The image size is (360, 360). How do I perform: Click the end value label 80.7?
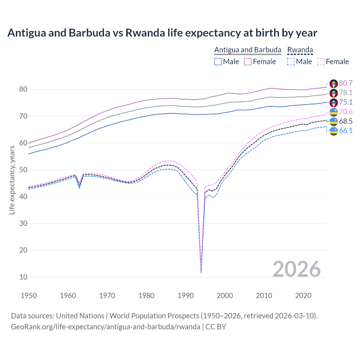(346, 83)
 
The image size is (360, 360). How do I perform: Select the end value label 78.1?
(346, 93)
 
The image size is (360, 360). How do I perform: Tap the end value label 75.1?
(346, 102)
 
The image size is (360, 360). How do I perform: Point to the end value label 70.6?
(346, 112)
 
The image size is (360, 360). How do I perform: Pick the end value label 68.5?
(346, 121)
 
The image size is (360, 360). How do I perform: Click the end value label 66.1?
(346, 130)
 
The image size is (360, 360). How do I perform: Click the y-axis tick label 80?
(23, 89)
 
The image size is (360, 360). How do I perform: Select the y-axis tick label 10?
(23, 277)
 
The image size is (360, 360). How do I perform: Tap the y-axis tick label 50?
(23, 170)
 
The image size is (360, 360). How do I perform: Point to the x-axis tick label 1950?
(29, 296)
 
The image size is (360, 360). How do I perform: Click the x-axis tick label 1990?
(186, 296)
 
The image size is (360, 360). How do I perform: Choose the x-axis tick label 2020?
(303, 296)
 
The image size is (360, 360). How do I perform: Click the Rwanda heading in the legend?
(300, 50)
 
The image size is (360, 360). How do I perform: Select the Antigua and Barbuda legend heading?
(247, 50)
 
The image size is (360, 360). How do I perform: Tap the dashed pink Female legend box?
(321, 62)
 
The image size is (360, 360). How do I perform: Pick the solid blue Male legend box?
(218, 62)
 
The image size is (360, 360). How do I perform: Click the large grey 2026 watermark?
(296, 269)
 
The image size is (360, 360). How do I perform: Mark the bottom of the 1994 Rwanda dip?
(201, 272)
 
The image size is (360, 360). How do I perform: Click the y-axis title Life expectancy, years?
(12, 180)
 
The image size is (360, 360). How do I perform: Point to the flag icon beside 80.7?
(334, 84)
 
